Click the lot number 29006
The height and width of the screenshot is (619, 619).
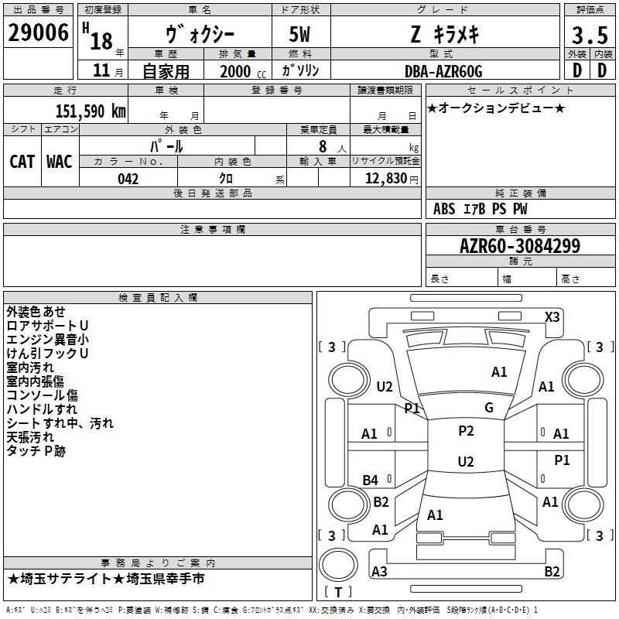coord(38,32)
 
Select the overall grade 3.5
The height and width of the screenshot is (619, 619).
coord(590,35)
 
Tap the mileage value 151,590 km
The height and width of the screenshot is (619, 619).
coord(91,111)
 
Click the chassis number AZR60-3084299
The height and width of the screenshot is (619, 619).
coord(520,246)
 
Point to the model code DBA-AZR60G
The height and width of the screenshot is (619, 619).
coord(443,71)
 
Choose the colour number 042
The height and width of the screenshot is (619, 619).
coord(128,179)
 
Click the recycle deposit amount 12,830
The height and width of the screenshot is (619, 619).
coord(386,179)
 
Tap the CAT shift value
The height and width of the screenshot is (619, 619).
coord(22,162)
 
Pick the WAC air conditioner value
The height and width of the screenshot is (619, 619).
coord(60,162)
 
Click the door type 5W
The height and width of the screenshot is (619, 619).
coord(299,34)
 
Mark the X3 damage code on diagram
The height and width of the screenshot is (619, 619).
coord(552,317)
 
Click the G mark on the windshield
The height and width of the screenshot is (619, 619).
coord(489,408)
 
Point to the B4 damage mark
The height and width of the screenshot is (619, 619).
coord(371,480)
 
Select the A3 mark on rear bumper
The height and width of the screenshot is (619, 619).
coord(379,571)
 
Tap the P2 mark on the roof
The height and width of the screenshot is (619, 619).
coord(466,431)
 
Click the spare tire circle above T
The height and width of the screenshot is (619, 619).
coord(338,565)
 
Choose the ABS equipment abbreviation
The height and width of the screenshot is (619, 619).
coord(444,209)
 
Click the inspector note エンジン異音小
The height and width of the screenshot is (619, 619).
coord(47,340)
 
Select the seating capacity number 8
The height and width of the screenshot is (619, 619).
coord(323,146)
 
